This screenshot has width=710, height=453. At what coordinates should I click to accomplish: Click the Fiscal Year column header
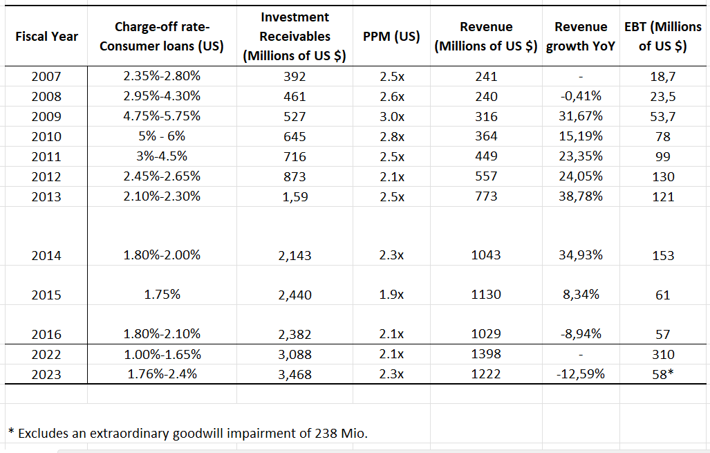[46, 36]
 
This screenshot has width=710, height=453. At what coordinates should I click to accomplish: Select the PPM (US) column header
[391, 36]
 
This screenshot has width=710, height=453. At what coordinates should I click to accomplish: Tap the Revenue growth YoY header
[581, 37]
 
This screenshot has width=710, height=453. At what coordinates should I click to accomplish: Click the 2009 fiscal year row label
[46, 116]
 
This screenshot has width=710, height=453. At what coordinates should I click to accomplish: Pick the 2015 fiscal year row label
[46, 295]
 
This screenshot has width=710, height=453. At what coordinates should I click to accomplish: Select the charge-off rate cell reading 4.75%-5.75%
[162, 116]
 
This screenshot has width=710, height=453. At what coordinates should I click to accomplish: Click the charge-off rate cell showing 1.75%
[162, 295]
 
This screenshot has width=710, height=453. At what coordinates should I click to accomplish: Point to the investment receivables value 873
[295, 176]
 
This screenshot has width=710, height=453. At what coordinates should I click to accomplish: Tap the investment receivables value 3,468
[295, 374]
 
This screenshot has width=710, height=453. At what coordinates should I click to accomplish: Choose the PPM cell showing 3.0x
[392, 116]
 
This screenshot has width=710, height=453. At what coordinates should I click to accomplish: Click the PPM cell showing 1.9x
[392, 295]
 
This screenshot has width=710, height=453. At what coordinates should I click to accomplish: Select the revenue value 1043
[486, 255]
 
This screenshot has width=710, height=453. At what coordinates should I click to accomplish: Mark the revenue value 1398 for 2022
[486, 354]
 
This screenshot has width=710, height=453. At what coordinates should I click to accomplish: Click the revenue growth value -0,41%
[581, 96]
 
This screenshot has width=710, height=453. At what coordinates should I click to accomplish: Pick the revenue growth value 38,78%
[581, 196]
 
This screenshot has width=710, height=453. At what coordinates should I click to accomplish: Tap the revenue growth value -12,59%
[581, 374]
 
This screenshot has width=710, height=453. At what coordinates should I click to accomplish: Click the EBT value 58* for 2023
[663, 374]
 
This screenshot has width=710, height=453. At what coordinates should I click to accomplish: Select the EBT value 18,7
[663, 76]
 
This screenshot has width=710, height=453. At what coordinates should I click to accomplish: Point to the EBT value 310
[663, 354]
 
